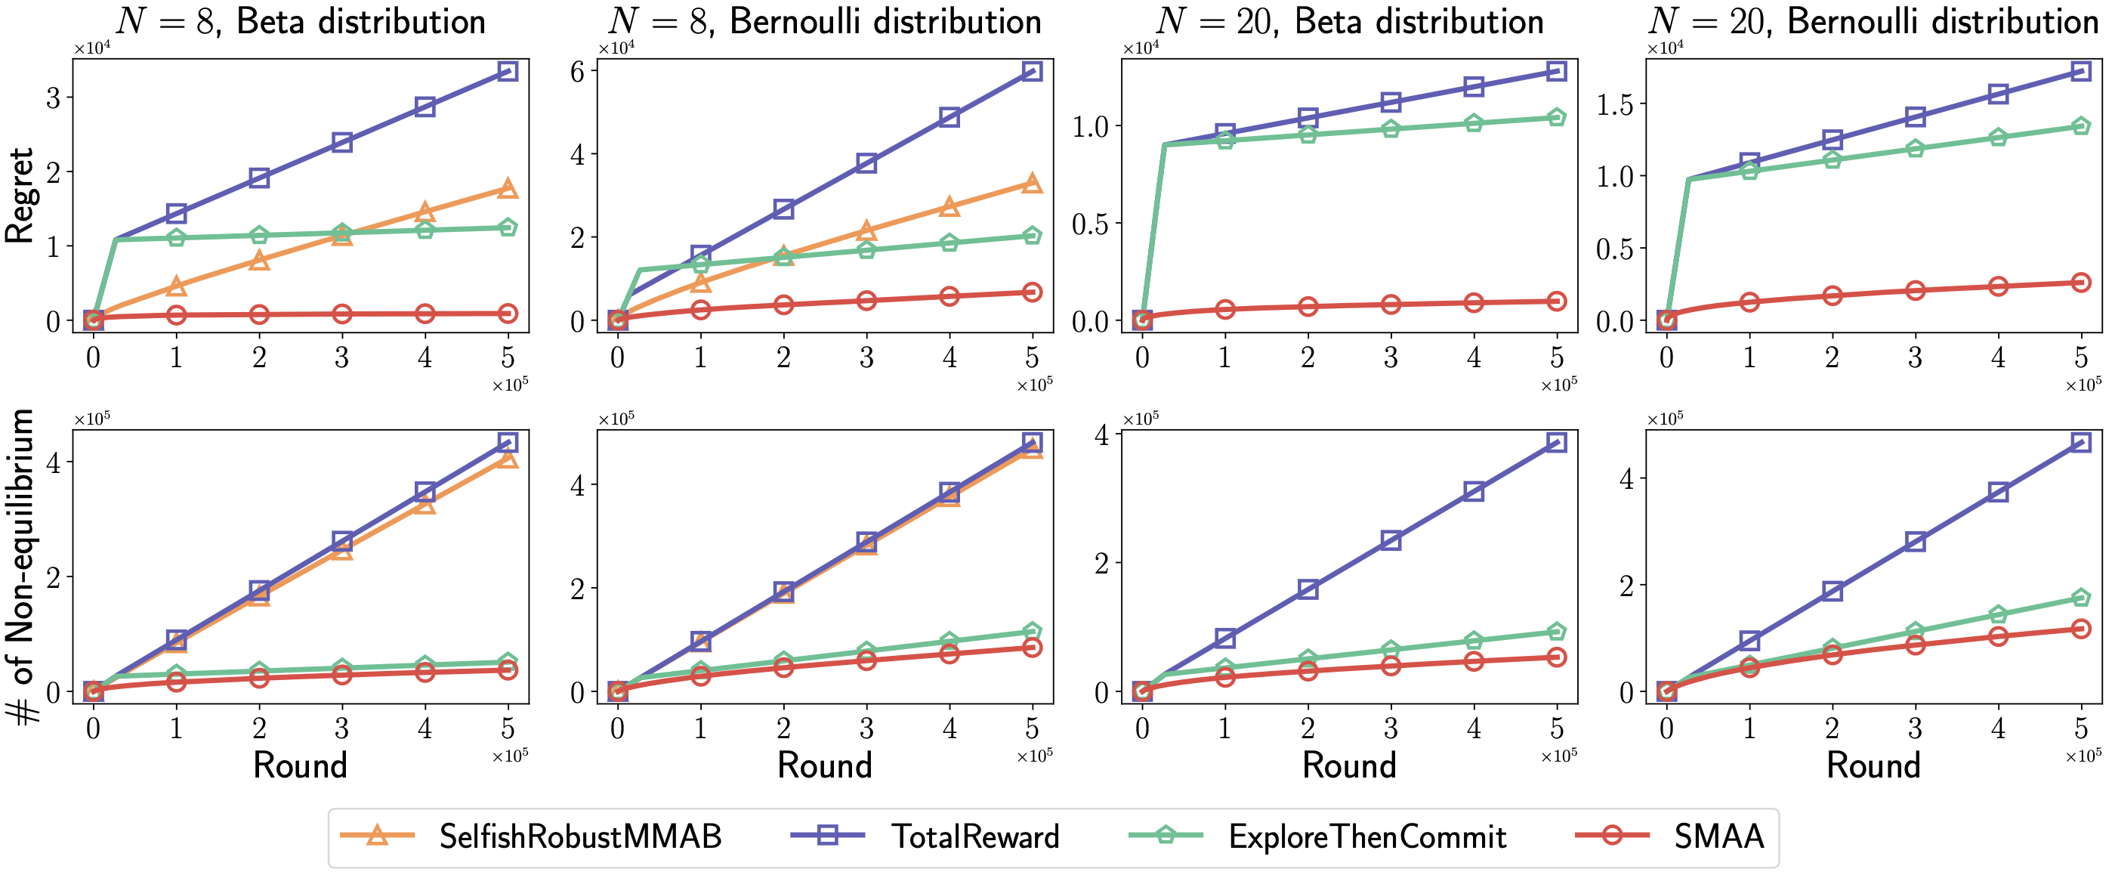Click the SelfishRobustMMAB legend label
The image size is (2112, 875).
579,836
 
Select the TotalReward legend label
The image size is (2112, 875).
975,836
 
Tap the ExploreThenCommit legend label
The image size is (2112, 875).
1366,836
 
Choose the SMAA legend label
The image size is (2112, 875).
1718,836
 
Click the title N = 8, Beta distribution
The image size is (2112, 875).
300,21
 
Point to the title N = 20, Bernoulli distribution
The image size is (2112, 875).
1873,21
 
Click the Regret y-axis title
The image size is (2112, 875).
20,195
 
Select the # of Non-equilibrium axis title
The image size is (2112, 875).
21,566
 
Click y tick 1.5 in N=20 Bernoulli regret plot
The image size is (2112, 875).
1614,104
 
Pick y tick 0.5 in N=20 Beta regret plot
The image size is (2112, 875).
1090,223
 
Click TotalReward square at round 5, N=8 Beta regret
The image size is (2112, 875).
508,71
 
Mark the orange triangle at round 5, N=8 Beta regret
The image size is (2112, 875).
508,189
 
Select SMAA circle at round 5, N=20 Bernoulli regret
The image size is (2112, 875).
2080,283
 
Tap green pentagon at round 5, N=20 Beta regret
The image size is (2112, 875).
1556,118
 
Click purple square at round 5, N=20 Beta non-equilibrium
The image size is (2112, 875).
1556,443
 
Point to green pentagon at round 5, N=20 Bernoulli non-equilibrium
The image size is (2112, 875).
2080,598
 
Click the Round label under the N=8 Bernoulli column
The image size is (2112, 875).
824,765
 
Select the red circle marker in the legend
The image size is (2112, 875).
1612,836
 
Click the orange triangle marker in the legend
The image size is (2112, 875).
377,835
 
